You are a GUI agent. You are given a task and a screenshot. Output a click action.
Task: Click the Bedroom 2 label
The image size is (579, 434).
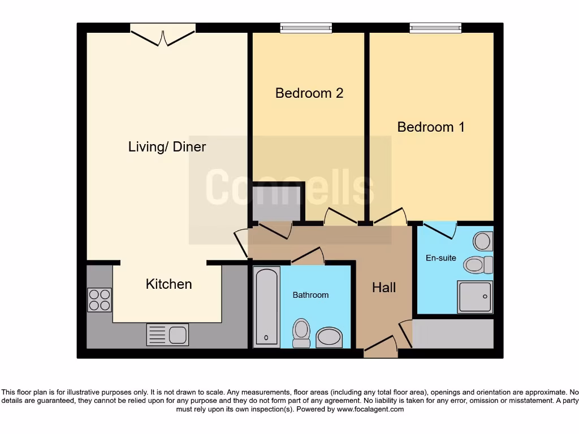[309, 93]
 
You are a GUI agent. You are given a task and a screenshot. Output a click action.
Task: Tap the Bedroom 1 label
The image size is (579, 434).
[431, 127]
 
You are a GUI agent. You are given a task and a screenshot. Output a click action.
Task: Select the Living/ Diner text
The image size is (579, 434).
[167, 147]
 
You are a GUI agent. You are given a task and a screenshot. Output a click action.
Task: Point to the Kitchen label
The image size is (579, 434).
[168, 284]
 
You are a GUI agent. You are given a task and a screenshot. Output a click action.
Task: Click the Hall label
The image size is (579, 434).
[384, 288]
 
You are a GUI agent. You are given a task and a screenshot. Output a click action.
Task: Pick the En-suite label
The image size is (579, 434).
[440, 258]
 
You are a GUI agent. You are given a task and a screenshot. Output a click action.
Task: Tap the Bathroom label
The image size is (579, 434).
[310, 295]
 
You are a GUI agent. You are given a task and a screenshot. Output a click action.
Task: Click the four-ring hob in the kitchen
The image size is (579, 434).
[100, 300]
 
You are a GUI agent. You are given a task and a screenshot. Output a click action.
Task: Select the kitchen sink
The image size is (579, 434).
[167, 334]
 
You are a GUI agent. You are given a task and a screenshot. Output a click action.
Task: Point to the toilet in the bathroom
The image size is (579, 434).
[301, 333]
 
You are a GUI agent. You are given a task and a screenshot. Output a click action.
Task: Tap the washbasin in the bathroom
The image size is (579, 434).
[329, 337]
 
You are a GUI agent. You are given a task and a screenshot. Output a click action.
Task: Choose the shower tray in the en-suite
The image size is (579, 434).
[475, 297]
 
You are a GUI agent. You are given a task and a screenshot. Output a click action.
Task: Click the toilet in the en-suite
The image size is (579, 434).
[478, 264]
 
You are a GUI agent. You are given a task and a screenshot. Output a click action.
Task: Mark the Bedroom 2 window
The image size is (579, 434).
[306, 28]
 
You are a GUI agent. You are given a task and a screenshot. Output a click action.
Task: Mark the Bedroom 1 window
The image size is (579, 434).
[435, 28]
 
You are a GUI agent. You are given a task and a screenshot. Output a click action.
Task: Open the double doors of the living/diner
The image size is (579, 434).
[163, 35]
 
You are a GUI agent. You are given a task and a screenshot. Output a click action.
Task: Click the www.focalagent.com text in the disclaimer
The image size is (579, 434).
[370, 409]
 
